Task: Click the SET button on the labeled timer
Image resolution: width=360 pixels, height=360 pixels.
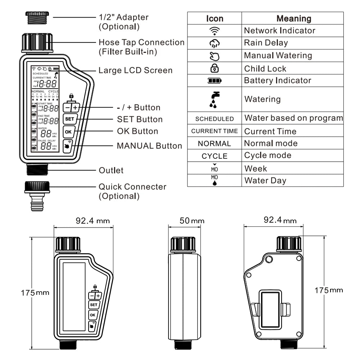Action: [x=69, y=119]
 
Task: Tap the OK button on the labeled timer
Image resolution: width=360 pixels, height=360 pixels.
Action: [x=68, y=131]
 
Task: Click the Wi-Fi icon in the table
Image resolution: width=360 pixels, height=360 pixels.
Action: [x=214, y=31]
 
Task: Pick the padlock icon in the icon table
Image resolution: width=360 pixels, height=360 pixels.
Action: [x=214, y=68]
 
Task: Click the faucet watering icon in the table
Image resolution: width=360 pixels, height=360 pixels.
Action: [x=215, y=99]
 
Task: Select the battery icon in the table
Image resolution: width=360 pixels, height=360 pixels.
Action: [x=214, y=81]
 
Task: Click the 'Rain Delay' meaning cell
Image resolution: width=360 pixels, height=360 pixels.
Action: [x=266, y=43]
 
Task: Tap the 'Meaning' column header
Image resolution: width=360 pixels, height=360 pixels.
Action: [x=293, y=18]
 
